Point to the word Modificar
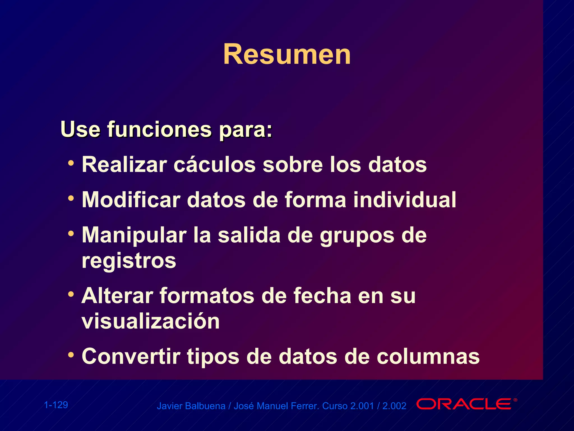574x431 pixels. click(x=131, y=200)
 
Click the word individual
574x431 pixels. click(x=404, y=200)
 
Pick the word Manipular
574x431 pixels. click(x=134, y=235)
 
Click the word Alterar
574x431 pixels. click(x=117, y=296)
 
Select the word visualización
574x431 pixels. click(x=151, y=321)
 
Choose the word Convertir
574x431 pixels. click(x=131, y=356)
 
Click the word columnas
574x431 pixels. click(x=428, y=356)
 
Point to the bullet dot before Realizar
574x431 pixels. click(x=71, y=163)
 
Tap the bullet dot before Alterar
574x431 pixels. click(x=71, y=294)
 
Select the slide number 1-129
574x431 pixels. click(x=56, y=405)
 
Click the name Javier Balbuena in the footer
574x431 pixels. click(x=191, y=406)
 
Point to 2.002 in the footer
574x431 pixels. click(x=394, y=406)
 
